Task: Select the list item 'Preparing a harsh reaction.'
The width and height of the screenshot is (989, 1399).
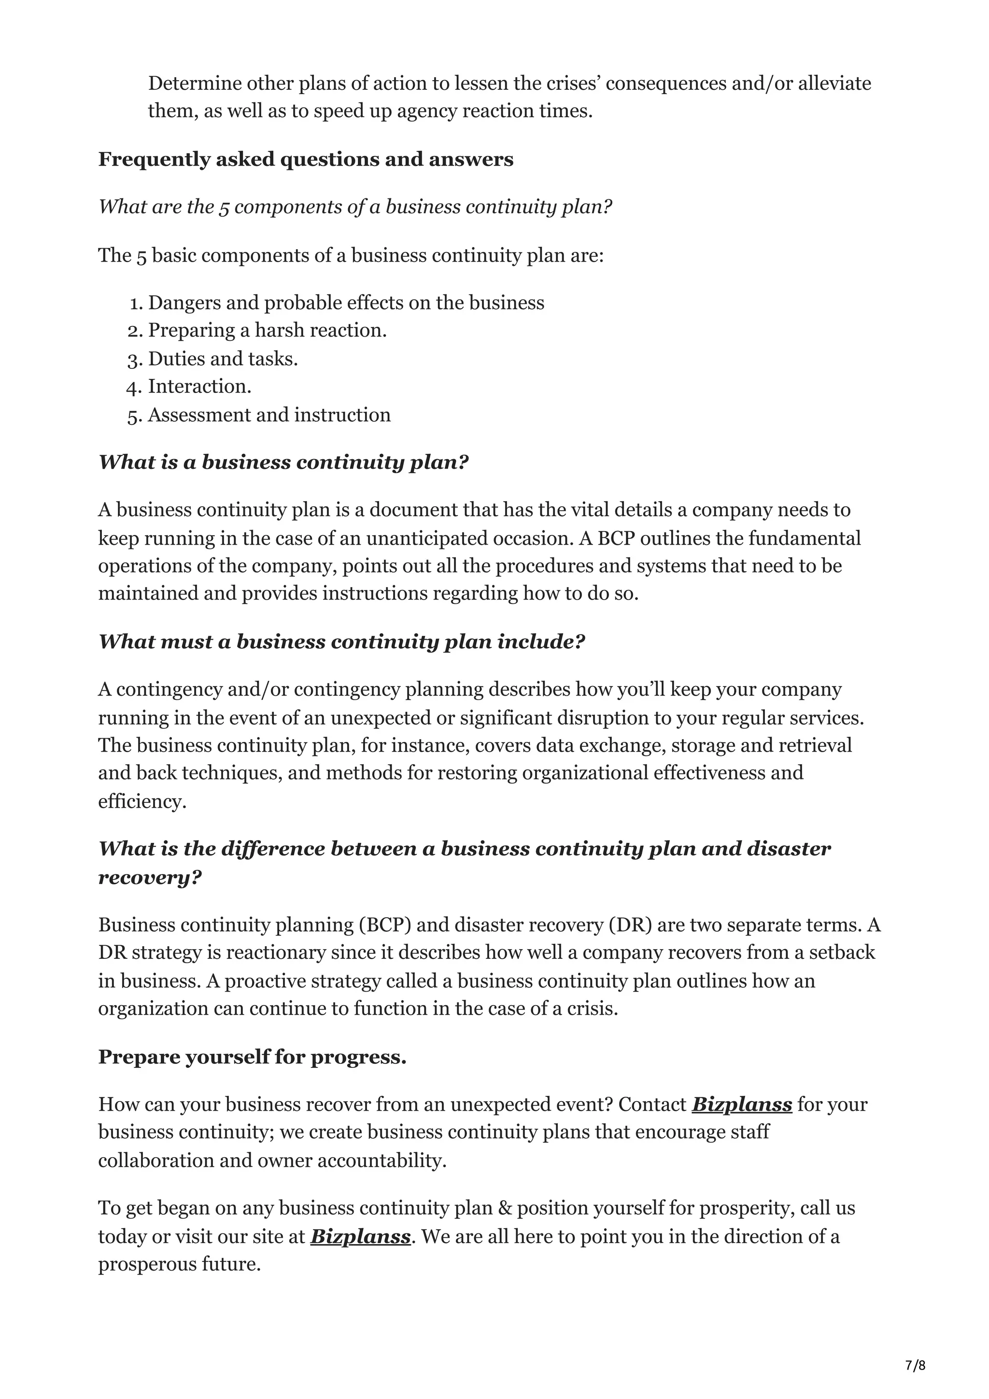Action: point(267,330)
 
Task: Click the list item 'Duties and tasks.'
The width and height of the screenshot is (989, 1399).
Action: point(223,358)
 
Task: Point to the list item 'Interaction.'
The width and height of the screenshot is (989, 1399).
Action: point(199,386)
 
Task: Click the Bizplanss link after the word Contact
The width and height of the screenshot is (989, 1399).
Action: point(742,1104)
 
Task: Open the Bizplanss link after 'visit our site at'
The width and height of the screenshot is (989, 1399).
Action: point(360,1236)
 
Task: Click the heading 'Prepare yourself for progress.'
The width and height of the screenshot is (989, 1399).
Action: point(252,1057)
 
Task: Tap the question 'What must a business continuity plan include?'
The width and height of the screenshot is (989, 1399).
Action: point(341,641)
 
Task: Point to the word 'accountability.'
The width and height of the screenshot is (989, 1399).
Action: point(382,1160)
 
